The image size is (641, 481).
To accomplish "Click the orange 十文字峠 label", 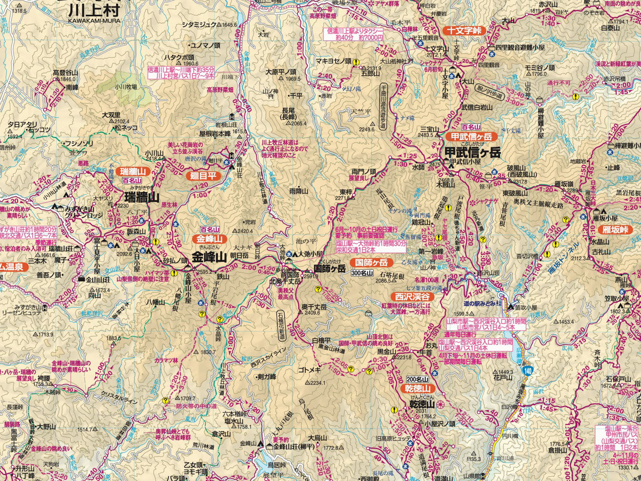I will point(464,30).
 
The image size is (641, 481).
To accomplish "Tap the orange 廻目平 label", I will point(203,176).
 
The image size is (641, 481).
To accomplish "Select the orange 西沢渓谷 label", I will point(412,296).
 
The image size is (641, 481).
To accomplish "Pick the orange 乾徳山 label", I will point(417,388).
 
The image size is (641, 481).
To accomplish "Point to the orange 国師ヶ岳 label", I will point(371,263).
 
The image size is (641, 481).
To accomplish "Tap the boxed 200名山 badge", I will point(417,379).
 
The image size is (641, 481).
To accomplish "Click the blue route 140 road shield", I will point(528,370).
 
